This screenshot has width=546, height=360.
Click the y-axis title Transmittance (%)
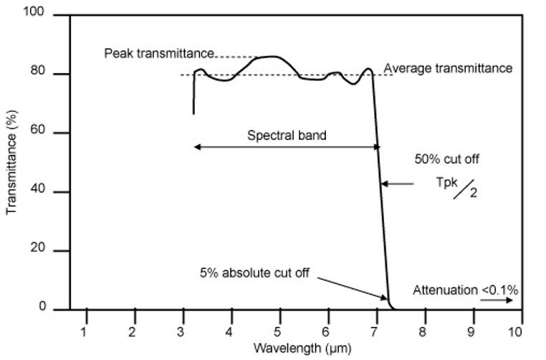(11, 161)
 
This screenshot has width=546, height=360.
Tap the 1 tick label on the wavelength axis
(85, 331)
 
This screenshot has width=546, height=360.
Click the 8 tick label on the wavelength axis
(423, 331)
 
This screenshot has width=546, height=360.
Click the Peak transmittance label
(158, 54)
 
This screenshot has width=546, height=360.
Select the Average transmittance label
(449, 69)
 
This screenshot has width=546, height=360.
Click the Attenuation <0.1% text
(465, 290)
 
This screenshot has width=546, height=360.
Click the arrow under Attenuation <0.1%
(497, 301)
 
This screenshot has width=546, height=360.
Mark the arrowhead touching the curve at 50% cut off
(384, 184)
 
